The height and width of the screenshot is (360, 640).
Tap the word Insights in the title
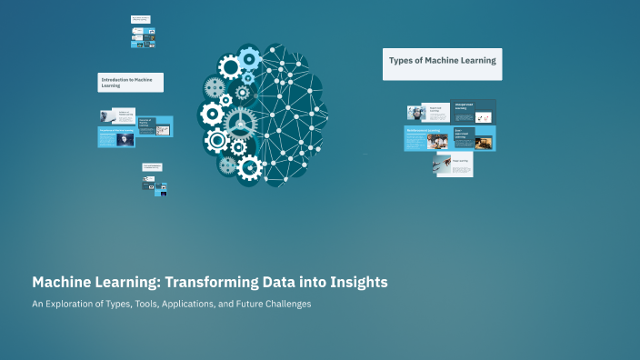click(x=354, y=282)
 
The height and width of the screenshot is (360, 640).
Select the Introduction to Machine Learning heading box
click(x=131, y=83)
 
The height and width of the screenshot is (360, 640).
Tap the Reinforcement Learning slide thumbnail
click(x=426, y=137)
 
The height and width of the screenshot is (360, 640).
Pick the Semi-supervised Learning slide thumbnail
click(x=474, y=137)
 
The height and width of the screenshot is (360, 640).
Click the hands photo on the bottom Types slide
click(x=443, y=165)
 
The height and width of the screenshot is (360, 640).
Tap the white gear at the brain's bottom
click(x=248, y=166)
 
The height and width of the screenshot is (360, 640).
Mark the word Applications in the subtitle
click(x=188, y=304)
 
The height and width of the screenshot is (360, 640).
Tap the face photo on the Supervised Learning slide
click(x=416, y=113)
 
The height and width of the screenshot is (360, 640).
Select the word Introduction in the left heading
click(x=115, y=80)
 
